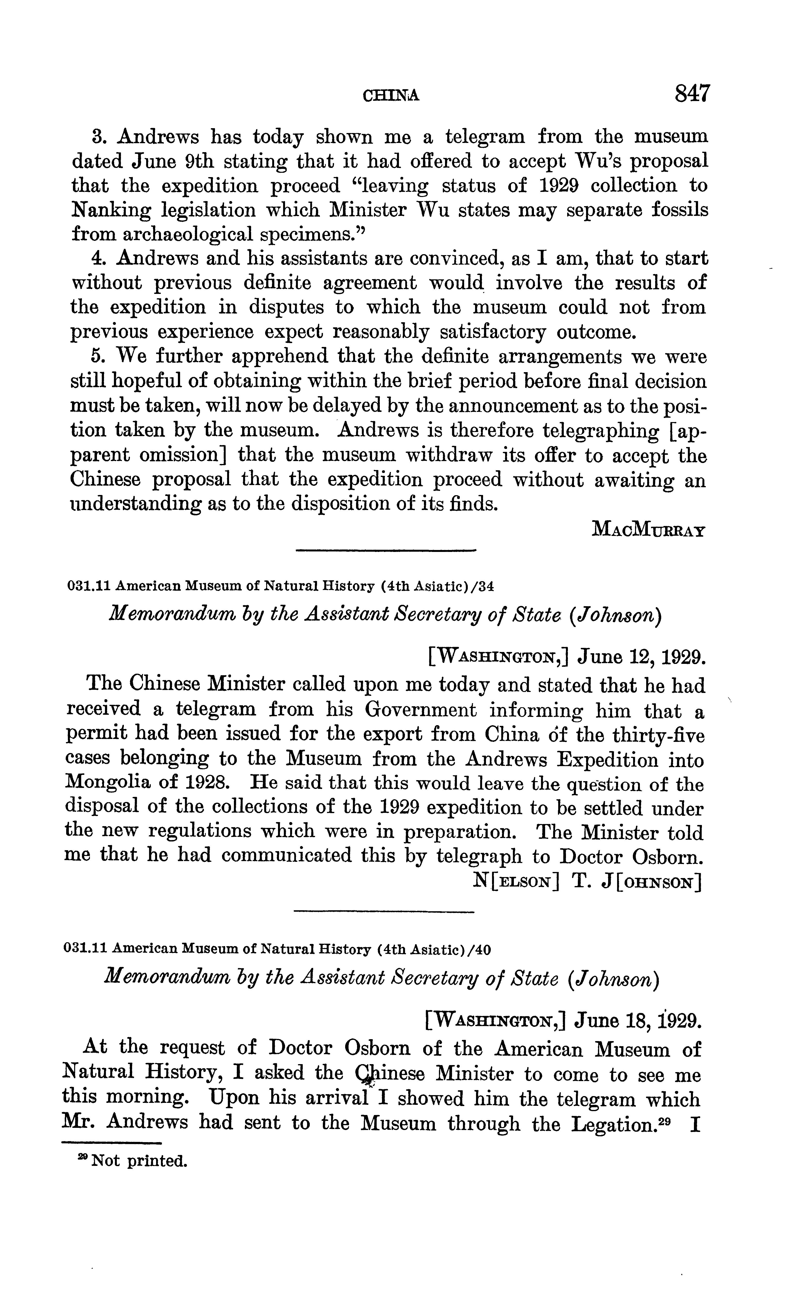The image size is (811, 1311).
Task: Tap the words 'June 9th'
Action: pyautogui.click(x=171, y=161)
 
